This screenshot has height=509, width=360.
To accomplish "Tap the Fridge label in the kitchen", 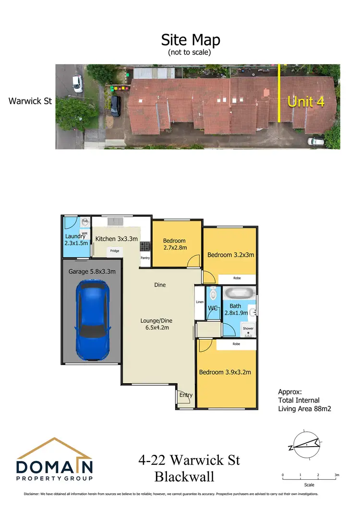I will [x=114, y=251].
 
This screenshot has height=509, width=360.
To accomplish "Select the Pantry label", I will [x=145, y=258].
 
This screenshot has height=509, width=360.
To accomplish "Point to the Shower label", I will [x=248, y=329].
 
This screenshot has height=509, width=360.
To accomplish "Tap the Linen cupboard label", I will [x=200, y=302].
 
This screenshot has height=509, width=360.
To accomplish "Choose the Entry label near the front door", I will [x=186, y=395].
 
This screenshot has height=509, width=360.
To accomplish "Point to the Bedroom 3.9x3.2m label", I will [x=225, y=372].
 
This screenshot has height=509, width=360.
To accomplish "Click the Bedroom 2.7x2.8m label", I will [x=175, y=244].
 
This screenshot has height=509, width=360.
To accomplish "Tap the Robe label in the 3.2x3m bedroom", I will [x=237, y=278].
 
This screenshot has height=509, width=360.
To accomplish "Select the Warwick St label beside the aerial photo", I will [x=30, y=101].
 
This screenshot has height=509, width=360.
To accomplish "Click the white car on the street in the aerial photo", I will [x=77, y=83].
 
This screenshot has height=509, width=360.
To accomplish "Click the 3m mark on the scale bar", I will [x=336, y=475].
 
